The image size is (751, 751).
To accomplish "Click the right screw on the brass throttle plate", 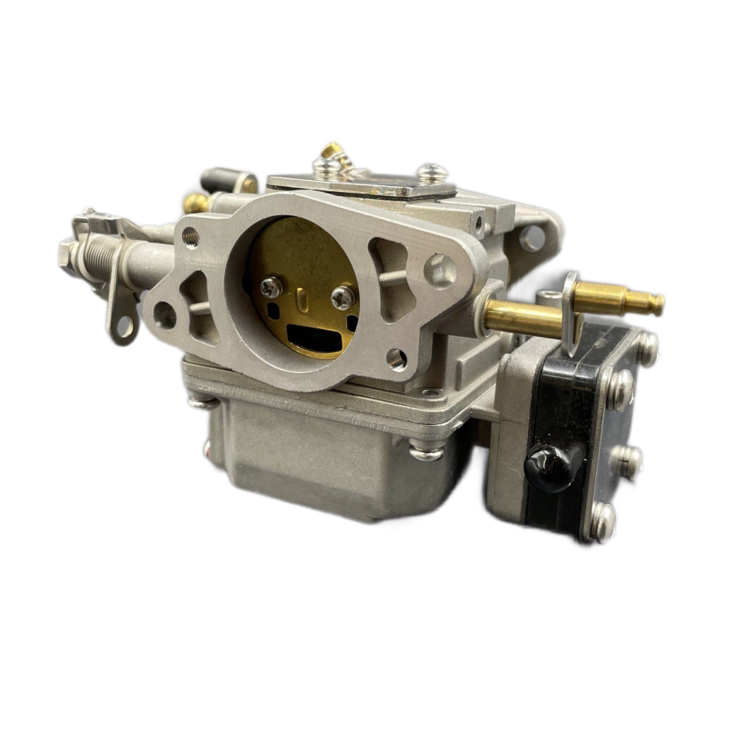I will click(338, 294).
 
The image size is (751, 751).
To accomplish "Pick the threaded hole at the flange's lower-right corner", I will click(395, 355).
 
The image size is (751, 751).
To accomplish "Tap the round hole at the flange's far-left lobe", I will click(164, 314).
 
